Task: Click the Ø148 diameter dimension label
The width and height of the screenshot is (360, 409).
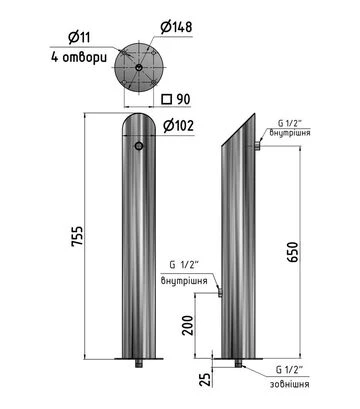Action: click(x=176, y=27)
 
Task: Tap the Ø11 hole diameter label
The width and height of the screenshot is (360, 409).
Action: click(x=79, y=37)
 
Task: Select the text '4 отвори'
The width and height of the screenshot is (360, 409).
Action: click(x=79, y=57)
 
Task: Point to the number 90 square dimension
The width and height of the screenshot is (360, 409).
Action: click(x=183, y=99)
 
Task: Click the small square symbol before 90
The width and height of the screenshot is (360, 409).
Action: click(x=166, y=99)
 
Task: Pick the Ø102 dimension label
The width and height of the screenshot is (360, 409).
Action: click(x=179, y=126)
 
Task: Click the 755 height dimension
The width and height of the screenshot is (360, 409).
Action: click(x=77, y=236)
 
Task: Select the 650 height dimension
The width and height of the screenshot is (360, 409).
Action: click(x=293, y=252)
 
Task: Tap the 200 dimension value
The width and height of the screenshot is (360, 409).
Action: click(x=188, y=325)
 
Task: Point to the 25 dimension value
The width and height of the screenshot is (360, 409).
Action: click(x=205, y=379)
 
